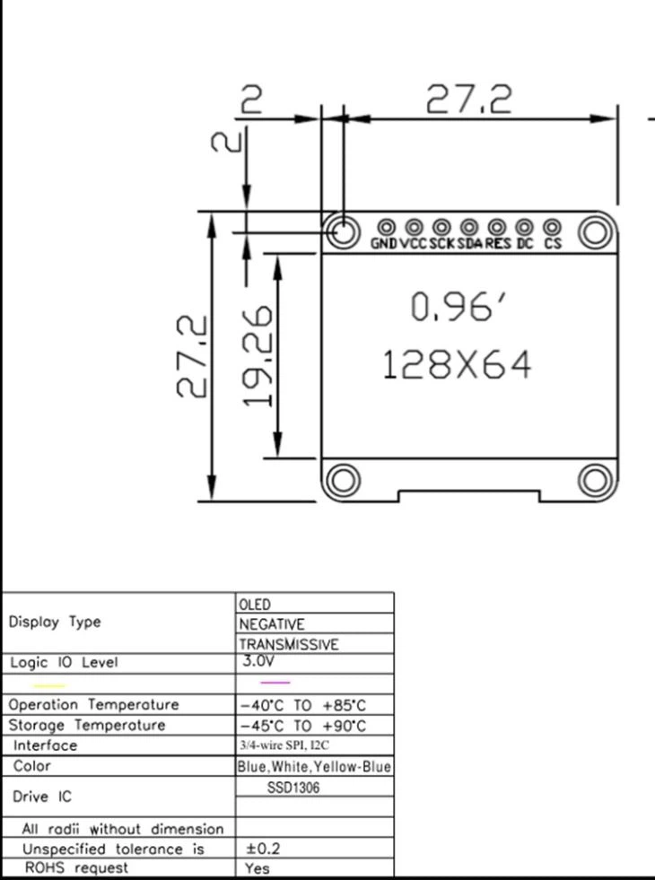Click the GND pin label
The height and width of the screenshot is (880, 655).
(384, 244)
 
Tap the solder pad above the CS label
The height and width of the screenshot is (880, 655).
(552, 228)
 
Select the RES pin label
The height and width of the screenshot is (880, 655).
(498, 244)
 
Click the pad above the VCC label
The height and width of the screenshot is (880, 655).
(414, 228)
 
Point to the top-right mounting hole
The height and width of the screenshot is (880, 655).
(595, 232)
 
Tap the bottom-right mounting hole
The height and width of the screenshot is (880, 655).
(595, 480)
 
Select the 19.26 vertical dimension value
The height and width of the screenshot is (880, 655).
(259, 355)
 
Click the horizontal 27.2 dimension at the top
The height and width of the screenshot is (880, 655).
(468, 99)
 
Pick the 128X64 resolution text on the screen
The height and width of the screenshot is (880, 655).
(457, 366)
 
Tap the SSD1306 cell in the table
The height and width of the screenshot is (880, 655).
(293, 788)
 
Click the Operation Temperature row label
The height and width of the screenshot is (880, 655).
(93, 705)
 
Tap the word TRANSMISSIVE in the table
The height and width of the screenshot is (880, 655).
(288, 644)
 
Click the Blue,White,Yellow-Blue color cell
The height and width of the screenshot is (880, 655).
(314, 767)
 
